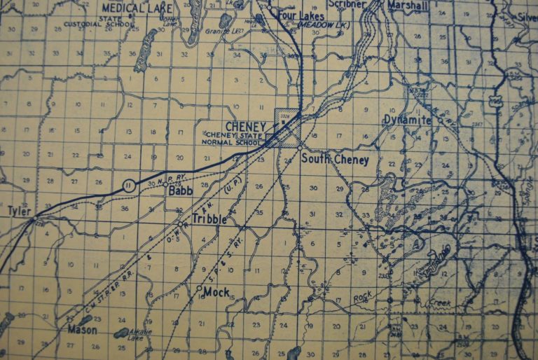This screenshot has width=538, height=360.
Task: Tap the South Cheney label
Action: [x=335, y=159]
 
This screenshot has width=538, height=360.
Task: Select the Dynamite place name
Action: [x=407, y=120]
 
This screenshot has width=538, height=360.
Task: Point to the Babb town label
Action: [x=181, y=188]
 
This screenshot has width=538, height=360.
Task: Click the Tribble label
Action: [x=208, y=219]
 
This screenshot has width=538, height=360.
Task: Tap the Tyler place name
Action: [x=20, y=210]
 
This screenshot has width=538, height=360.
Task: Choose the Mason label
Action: [x=81, y=328]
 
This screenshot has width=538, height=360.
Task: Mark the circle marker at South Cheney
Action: [x=299, y=149]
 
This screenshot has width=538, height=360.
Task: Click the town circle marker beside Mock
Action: [x=200, y=288]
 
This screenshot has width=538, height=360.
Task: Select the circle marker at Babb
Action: [x=165, y=186]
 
